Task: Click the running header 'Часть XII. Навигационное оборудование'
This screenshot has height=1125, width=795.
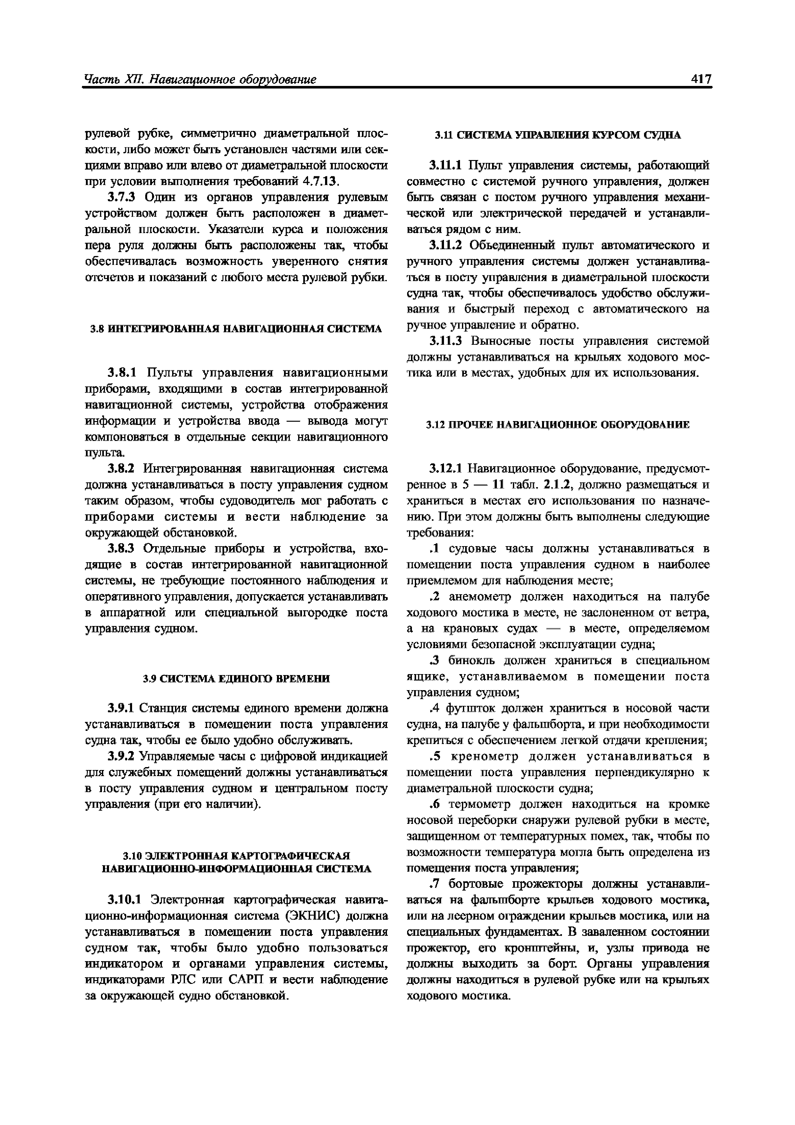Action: coord(200,80)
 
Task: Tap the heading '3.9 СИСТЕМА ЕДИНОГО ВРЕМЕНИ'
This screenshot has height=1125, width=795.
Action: coord(236,679)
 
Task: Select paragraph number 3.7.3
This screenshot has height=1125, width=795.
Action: coord(124,197)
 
